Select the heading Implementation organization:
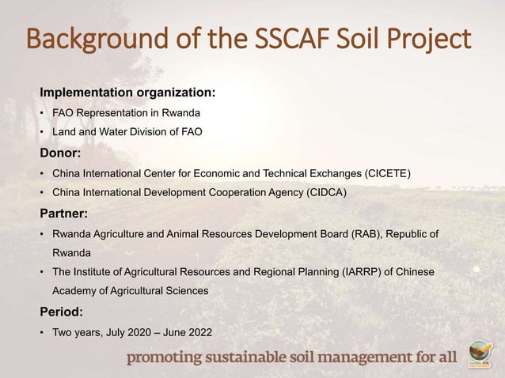click(x=127, y=93)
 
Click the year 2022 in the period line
click(x=199, y=332)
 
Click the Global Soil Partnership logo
click(x=480, y=354)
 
